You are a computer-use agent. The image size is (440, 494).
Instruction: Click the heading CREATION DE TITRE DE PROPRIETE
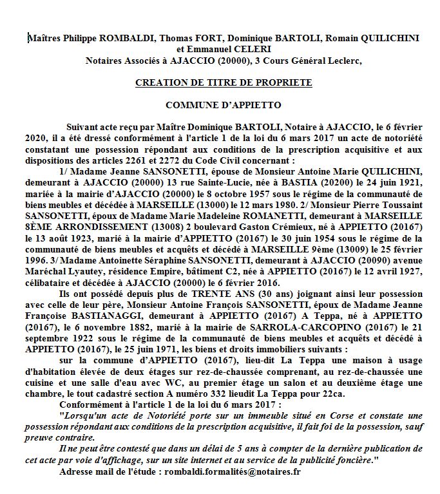tap(224, 83)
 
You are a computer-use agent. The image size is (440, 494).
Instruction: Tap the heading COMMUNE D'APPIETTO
tap(224, 104)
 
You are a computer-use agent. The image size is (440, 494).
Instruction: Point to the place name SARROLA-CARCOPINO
tap(287, 326)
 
